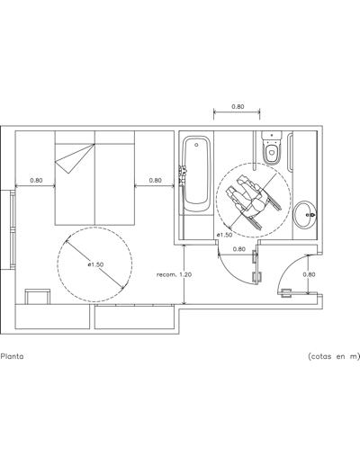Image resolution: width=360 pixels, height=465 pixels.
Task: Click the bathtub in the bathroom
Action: [x=196, y=174]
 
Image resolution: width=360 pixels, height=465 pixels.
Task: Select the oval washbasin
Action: [x=305, y=215]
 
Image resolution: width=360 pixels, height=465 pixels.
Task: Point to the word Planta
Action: [x=12, y=356]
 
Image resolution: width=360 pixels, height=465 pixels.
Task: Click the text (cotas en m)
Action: [x=334, y=356]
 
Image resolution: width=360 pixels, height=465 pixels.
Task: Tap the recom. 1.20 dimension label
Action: [x=174, y=274]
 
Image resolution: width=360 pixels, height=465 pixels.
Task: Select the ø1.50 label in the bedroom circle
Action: [x=95, y=264]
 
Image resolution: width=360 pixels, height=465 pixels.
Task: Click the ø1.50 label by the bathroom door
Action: [x=224, y=235]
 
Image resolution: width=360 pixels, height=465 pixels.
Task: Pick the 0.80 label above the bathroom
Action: [x=238, y=106]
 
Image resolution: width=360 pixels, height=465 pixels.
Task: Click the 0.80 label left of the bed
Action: [x=36, y=181]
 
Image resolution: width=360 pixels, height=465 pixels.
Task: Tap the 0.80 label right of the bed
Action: [x=155, y=180]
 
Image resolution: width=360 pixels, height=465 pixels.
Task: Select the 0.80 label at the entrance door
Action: [x=309, y=274]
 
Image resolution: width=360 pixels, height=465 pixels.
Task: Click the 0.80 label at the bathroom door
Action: [x=239, y=249]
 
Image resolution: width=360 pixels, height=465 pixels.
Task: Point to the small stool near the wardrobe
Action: [x=38, y=297]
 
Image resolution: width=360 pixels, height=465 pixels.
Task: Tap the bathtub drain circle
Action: [x=196, y=145]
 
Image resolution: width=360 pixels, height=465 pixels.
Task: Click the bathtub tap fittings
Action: [x=183, y=174]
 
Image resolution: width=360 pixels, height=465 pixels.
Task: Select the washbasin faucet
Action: [x=310, y=215]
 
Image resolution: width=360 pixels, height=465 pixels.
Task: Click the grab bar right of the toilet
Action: [x=290, y=153]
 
